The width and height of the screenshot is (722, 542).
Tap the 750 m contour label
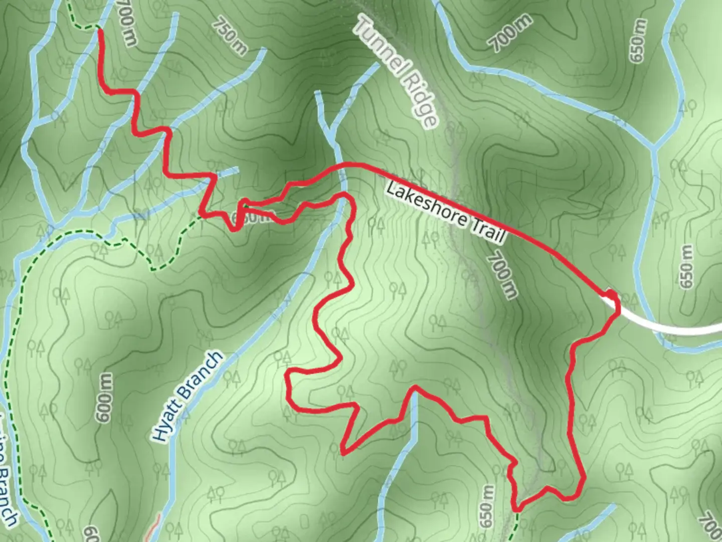coord(229,36)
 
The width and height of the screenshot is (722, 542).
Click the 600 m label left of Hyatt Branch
coord(104,397)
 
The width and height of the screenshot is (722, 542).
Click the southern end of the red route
coord(517,509)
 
